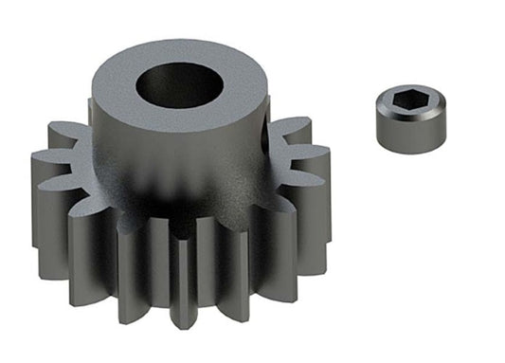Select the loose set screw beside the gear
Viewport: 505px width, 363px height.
[407, 121]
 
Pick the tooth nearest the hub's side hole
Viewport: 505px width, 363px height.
[289, 133]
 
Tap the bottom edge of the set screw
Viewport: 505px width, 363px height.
[407, 150]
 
